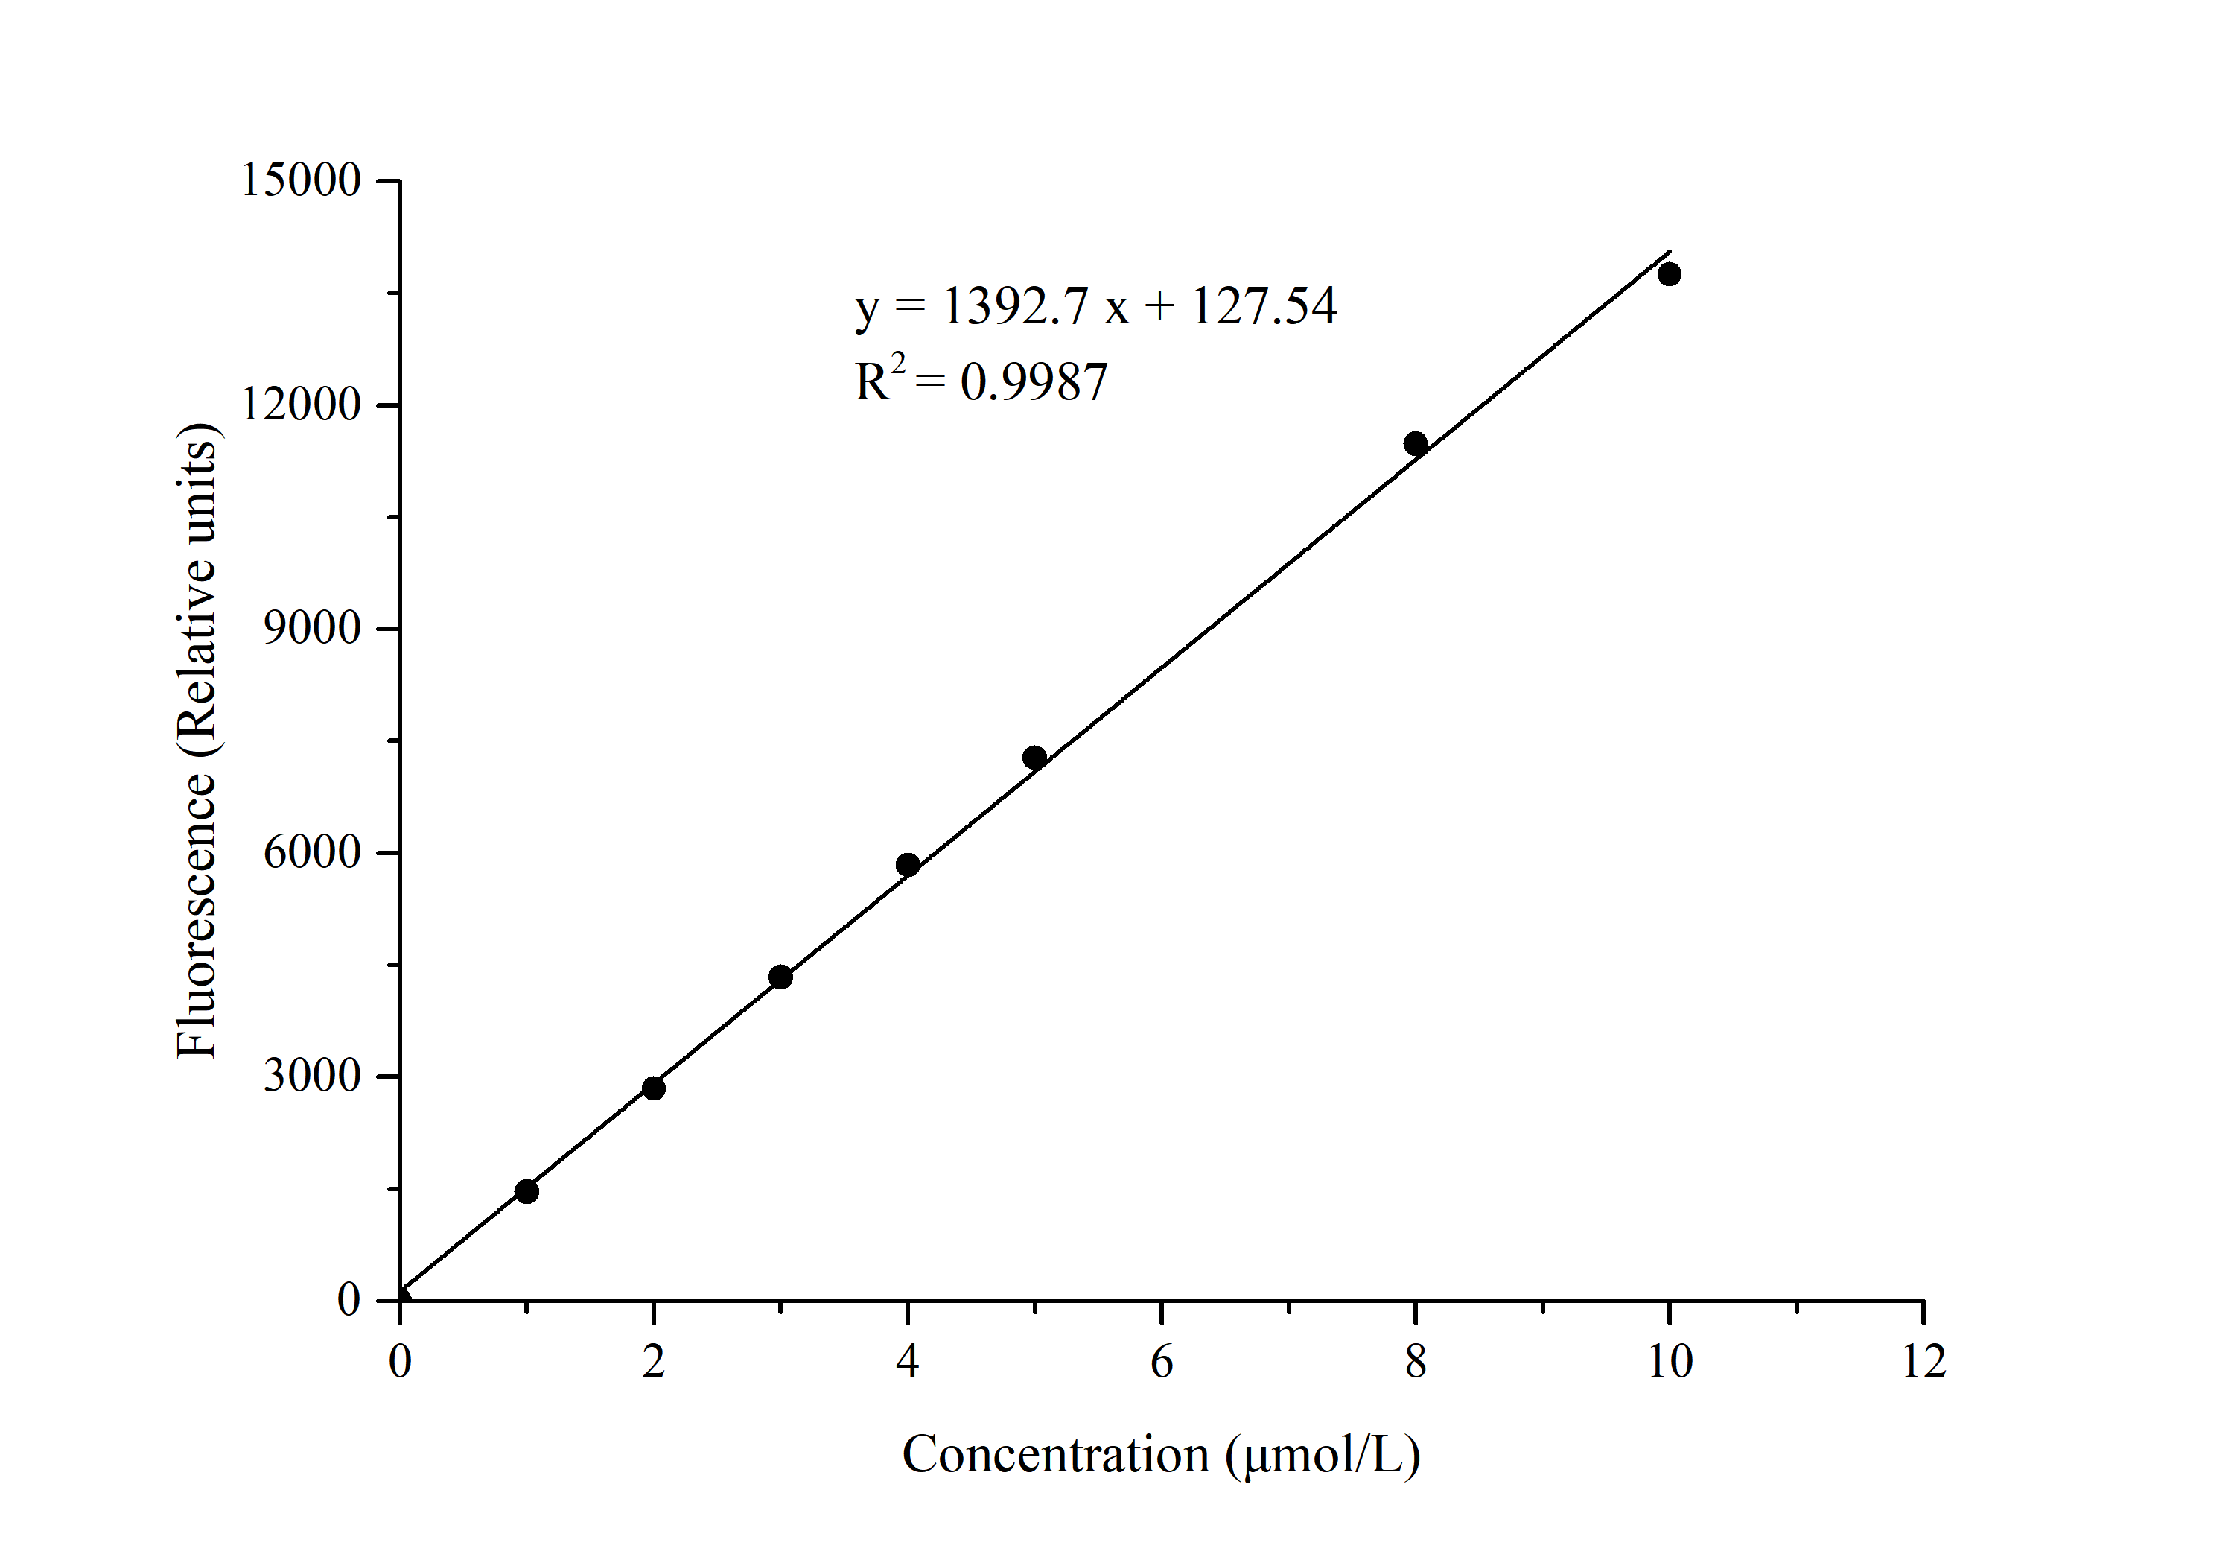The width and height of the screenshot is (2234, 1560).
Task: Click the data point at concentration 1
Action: (526, 1191)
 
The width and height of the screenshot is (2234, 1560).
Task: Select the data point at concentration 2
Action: (654, 1088)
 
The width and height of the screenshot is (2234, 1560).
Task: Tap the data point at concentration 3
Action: (780, 977)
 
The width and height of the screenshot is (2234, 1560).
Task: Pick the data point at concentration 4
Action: (908, 865)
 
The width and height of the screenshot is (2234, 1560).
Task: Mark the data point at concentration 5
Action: (1035, 757)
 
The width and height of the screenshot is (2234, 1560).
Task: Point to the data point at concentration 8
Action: (1416, 444)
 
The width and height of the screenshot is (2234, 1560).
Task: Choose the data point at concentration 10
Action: (1670, 274)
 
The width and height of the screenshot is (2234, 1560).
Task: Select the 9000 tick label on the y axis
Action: (312, 629)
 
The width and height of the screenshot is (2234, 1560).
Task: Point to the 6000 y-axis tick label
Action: (312, 852)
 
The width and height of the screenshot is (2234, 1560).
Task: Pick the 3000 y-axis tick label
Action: (312, 1077)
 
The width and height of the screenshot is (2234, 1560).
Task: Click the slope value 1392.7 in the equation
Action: (1015, 305)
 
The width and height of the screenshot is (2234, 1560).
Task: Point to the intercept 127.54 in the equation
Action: (1264, 305)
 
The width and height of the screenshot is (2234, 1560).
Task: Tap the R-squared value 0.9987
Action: (1034, 381)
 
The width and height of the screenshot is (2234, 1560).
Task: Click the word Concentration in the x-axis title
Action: (1057, 1456)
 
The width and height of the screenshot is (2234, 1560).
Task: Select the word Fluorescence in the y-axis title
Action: (197, 915)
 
